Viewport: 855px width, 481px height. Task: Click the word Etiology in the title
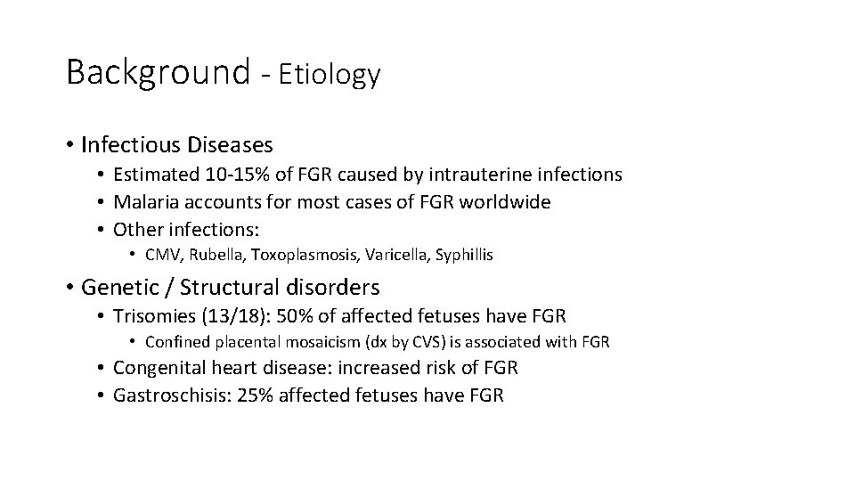pyautogui.click(x=330, y=76)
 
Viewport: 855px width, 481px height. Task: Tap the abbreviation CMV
pyautogui.click(x=159, y=256)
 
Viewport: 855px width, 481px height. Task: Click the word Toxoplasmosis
pyautogui.click(x=297, y=256)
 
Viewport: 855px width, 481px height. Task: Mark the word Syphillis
pyautogui.click(x=460, y=256)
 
